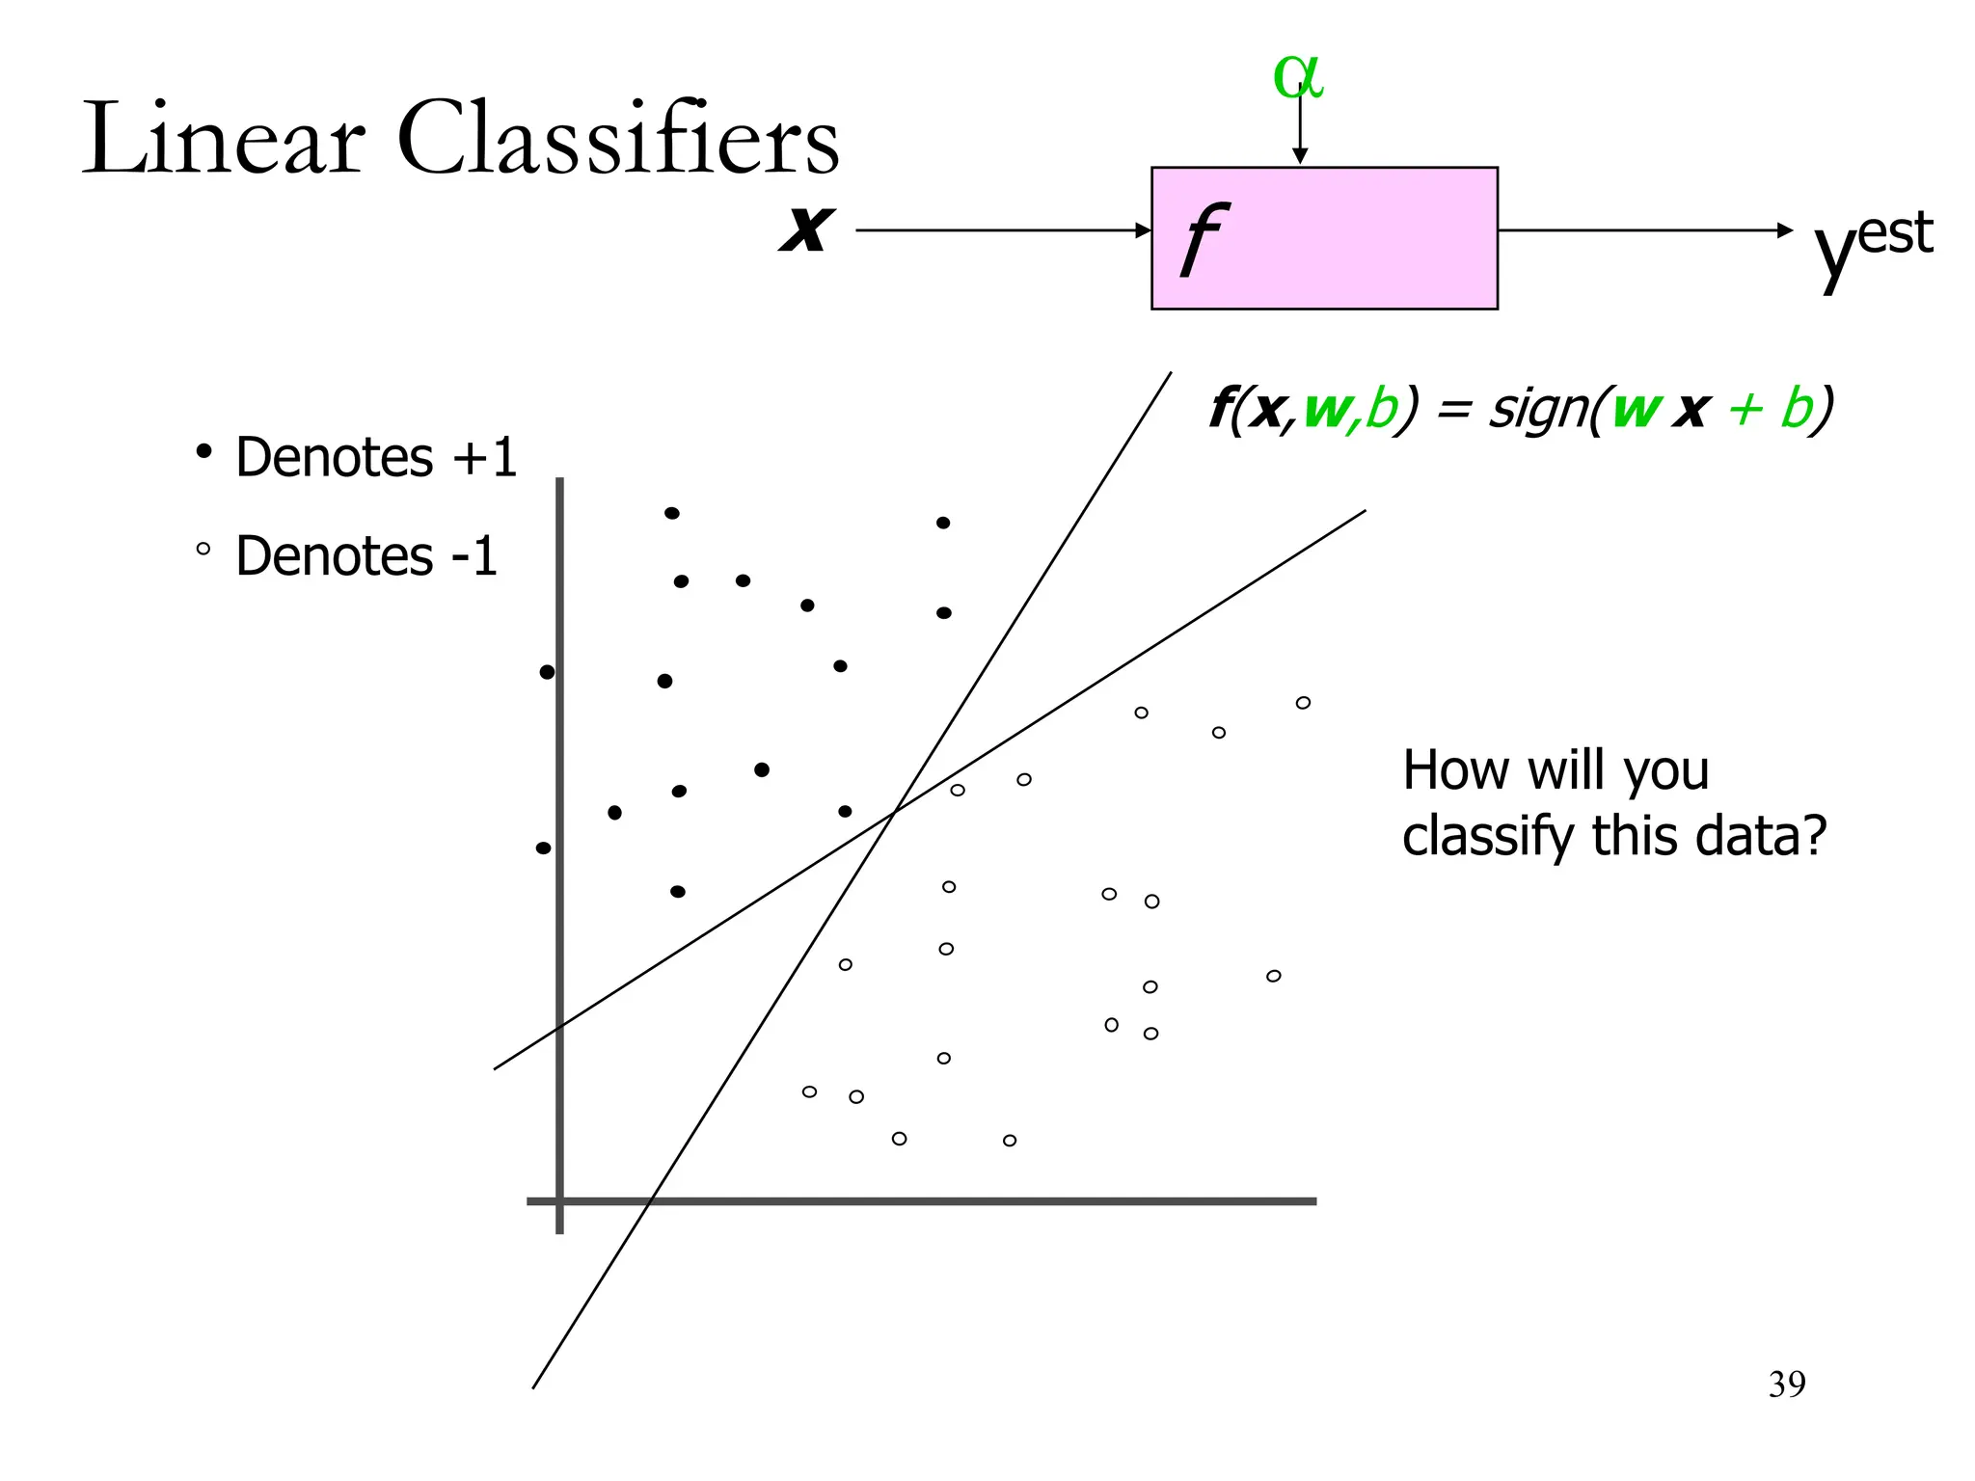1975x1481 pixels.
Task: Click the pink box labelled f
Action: click(x=1323, y=238)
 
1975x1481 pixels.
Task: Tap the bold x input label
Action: click(x=805, y=229)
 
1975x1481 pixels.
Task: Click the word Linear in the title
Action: click(x=224, y=140)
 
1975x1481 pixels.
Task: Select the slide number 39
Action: click(x=1786, y=1384)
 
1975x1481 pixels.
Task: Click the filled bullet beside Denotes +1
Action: click(x=203, y=451)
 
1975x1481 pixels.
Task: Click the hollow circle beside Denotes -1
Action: click(x=203, y=550)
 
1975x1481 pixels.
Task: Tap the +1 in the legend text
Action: click(x=485, y=456)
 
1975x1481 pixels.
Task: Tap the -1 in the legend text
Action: click(x=473, y=555)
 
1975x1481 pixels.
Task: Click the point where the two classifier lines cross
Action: click(x=894, y=813)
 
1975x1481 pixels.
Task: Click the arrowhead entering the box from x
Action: click(x=1144, y=230)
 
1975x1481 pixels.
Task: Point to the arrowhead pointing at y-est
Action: click(x=1785, y=230)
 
